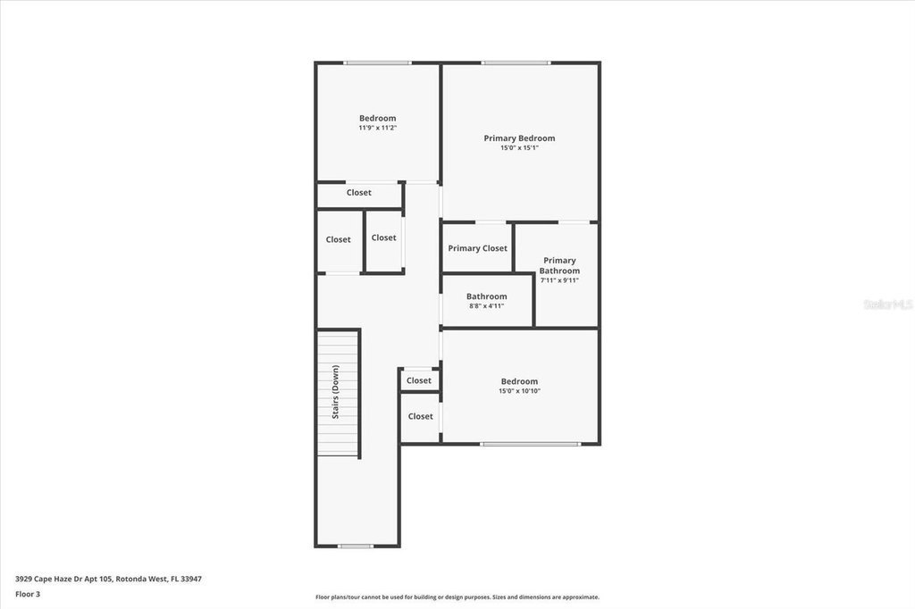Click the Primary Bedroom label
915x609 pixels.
pyautogui.click(x=519, y=138)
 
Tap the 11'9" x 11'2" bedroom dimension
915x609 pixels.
pyautogui.click(x=378, y=128)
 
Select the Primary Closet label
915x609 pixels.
pyautogui.click(x=477, y=248)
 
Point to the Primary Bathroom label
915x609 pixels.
pyautogui.click(x=559, y=265)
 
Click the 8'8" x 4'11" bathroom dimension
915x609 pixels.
pyautogui.click(x=487, y=305)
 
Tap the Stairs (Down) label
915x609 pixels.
pyautogui.click(x=336, y=392)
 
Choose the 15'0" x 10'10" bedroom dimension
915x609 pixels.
pyautogui.click(x=519, y=391)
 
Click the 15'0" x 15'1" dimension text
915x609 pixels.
pyautogui.click(x=519, y=148)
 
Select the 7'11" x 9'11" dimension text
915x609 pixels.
pyautogui.click(x=559, y=280)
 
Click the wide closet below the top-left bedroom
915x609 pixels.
pyautogui.click(x=359, y=195)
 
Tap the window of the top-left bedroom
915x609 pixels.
pyautogui.click(x=378, y=63)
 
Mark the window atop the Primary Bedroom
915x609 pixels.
pyautogui.click(x=516, y=63)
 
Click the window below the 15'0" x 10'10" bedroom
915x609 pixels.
pyautogui.click(x=531, y=444)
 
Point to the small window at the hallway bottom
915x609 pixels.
pyautogui.click(x=356, y=546)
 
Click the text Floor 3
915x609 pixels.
pyautogui.click(x=28, y=595)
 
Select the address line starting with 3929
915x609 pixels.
pyautogui.click(x=108, y=580)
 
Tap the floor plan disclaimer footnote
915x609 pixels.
pyautogui.click(x=457, y=596)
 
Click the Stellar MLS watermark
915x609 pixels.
pyautogui.click(x=887, y=304)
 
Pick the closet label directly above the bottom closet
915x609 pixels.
pyautogui.click(x=419, y=380)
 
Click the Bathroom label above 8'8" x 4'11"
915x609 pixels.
pyautogui.click(x=487, y=296)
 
